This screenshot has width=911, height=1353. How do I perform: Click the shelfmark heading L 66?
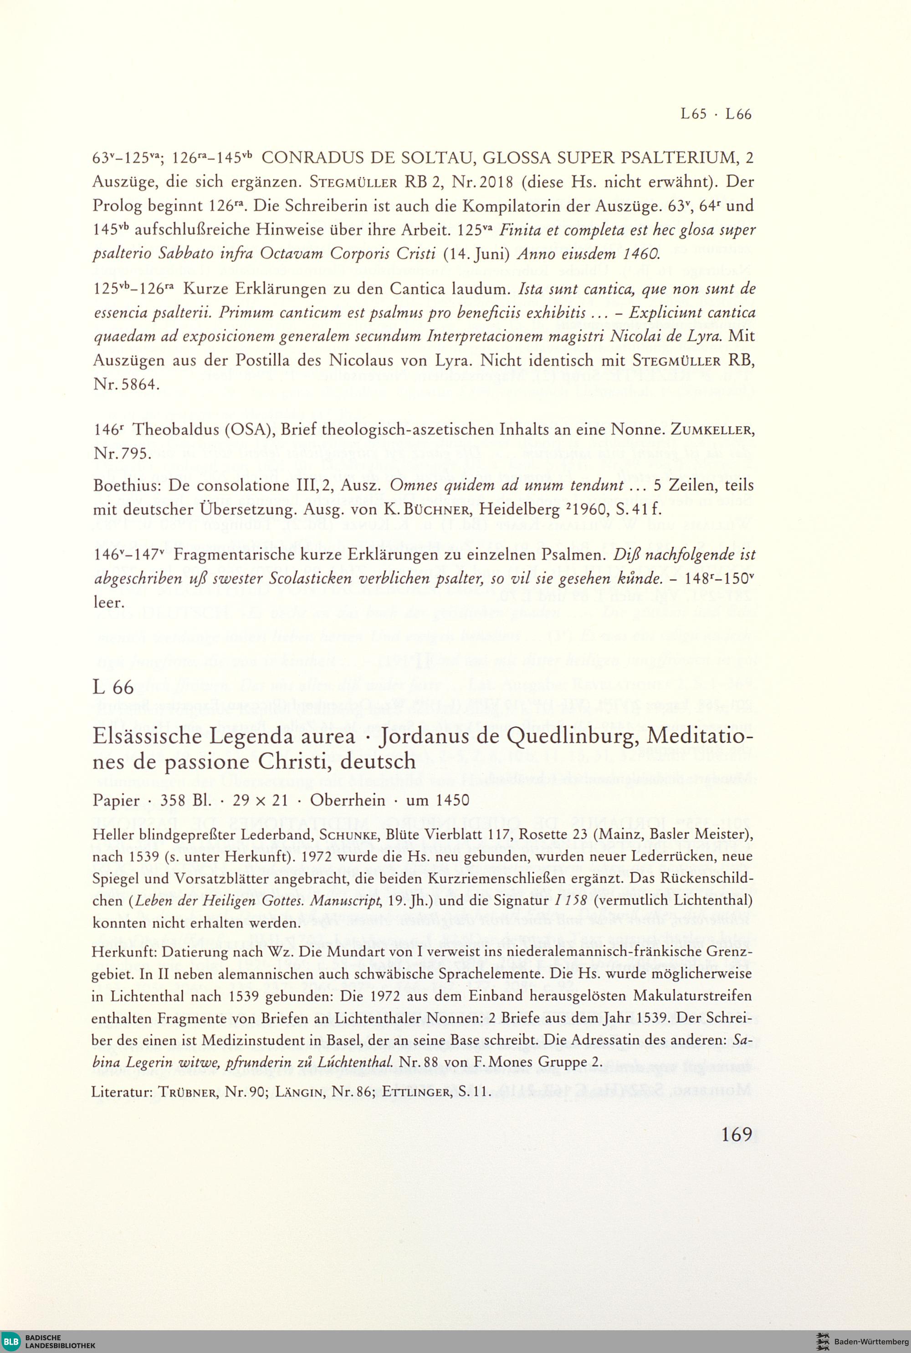pyautogui.click(x=113, y=687)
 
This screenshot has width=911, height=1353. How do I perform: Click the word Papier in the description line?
pyautogui.click(x=116, y=801)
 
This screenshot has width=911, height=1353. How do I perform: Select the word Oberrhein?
pyautogui.click(x=348, y=800)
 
